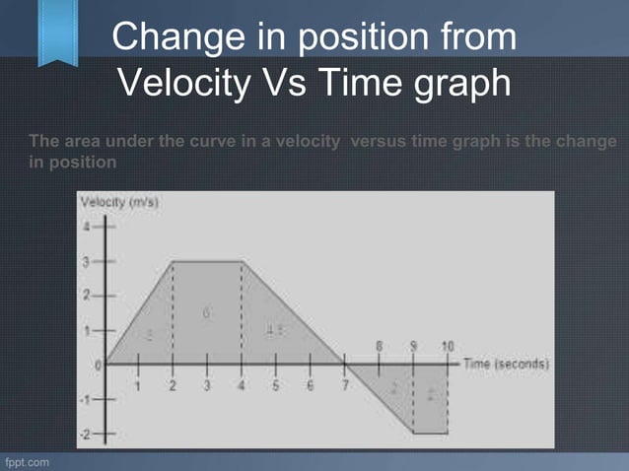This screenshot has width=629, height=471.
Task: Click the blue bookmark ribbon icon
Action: pos(57,32)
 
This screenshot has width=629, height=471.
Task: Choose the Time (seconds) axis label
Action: pos(506,364)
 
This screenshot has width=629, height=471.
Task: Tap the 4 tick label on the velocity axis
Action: pos(87,227)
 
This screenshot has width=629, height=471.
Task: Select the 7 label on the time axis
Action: pos(344,385)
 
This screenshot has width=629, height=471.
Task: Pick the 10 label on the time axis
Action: pos(448,346)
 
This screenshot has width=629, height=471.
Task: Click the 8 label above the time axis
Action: pos(380,346)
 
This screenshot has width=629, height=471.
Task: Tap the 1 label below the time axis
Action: pos(138,385)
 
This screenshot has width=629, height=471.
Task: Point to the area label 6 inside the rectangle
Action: pos(206,312)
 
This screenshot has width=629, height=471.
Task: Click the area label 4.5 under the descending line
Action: pos(274,331)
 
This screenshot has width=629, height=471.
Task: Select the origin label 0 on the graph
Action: pos(98,365)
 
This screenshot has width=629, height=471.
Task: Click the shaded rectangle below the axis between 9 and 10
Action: pos(430,397)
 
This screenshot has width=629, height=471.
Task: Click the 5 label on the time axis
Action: pos(275,385)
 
